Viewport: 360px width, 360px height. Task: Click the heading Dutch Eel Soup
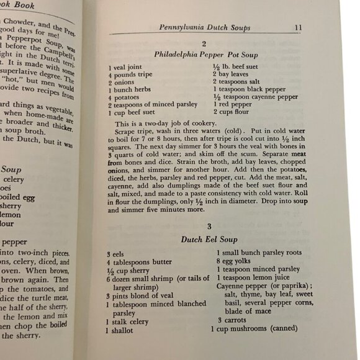(x=205, y=238)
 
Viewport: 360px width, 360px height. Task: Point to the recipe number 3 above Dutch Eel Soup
(x=209, y=226)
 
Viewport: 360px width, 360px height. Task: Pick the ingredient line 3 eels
(x=117, y=253)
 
